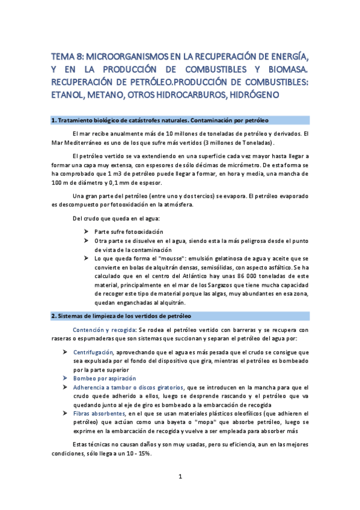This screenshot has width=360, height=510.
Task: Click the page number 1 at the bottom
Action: point(180,476)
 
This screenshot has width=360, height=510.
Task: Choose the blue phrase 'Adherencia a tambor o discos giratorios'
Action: point(129,387)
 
